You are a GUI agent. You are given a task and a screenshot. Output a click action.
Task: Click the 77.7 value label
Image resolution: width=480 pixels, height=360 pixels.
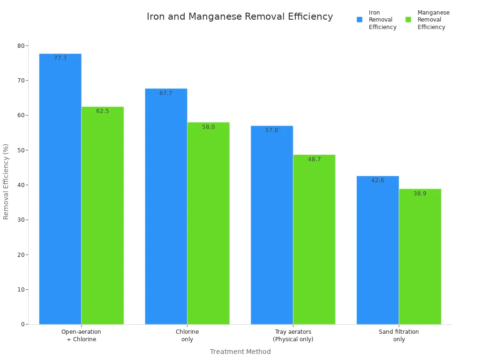(x=60, y=58)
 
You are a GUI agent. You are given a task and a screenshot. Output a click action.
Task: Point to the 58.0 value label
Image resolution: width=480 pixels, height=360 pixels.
(x=209, y=127)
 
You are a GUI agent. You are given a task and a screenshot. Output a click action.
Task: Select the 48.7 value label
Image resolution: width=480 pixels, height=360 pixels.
(x=315, y=159)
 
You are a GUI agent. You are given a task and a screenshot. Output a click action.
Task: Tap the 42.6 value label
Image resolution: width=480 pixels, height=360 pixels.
(x=378, y=180)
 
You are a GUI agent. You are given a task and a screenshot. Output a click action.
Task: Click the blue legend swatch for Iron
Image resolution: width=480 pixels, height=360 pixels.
(x=360, y=20)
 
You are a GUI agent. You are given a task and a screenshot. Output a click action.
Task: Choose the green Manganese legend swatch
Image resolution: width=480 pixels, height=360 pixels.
(x=408, y=20)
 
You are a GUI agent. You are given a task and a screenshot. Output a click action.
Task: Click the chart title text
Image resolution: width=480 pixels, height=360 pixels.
(x=240, y=17)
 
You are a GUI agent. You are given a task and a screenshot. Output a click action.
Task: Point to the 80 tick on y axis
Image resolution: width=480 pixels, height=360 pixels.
(x=21, y=45)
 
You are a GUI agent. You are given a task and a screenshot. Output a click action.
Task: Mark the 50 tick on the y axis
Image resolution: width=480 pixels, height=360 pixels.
(x=21, y=150)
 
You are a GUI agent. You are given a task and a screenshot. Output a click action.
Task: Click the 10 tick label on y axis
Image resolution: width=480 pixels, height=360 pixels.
(x=21, y=289)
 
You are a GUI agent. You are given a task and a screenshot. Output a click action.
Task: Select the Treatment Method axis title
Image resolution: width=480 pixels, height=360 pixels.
(x=240, y=352)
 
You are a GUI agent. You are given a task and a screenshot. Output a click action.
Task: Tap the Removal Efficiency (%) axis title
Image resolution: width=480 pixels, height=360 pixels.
(x=6, y=181)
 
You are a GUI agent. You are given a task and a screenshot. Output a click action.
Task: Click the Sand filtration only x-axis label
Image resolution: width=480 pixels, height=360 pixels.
(x=399, y=335)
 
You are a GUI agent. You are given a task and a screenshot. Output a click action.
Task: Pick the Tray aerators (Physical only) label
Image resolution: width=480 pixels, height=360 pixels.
(x=293, y=335)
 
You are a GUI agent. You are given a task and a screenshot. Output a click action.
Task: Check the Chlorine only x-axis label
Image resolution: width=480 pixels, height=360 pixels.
(x=187, y=335)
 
